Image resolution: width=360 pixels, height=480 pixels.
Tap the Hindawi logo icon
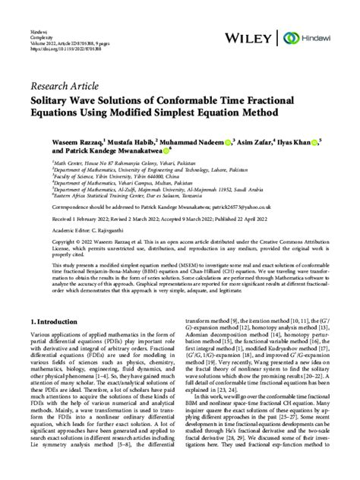pyautogui.click(x=289, y=37)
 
